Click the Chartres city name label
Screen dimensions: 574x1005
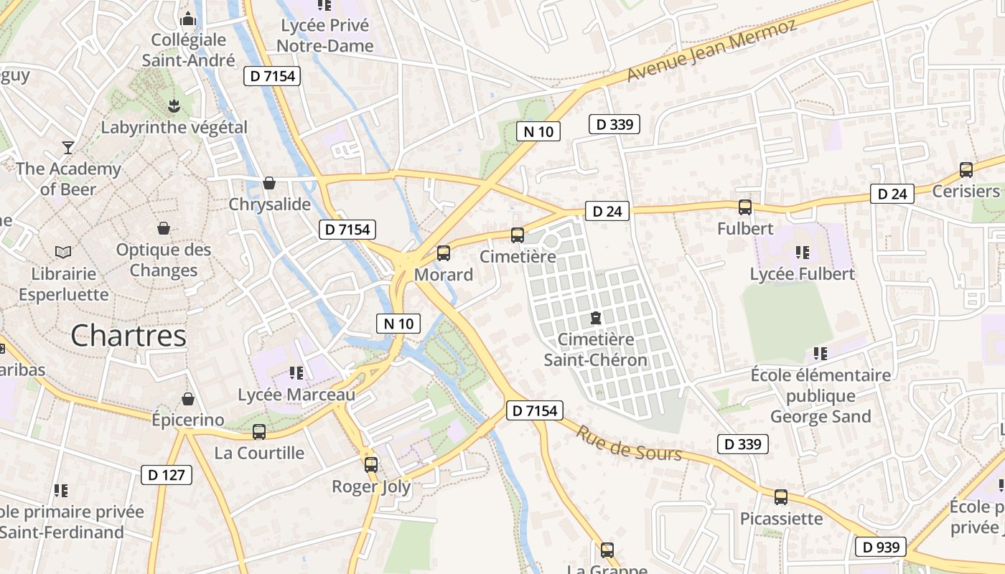(x=128, y=336)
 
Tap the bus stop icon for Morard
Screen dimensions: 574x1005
(x=444, y=253)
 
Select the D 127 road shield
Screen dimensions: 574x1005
(x=166, y=474)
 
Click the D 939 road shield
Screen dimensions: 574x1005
(x=881, y=547)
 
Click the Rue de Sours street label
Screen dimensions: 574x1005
(x=629, y=443)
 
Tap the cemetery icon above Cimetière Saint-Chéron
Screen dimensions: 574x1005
(x=595, y=318)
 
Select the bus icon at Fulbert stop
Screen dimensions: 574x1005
(x=745, y=207)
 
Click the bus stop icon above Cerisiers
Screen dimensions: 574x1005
(x=966, y=170)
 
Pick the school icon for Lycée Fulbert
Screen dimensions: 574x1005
(x=802, y=253)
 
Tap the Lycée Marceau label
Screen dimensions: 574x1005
(x=296, y=395)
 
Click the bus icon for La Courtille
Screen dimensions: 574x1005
(x=259, y=432)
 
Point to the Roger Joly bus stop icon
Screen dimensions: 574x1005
(x=371, y=465)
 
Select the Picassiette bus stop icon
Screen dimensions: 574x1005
(x=781, y=497)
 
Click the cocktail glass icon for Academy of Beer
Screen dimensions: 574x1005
(x=68, y=148)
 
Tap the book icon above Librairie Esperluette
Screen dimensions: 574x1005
(x=63, y=253)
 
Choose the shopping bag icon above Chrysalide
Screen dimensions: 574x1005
(x=269, y=184)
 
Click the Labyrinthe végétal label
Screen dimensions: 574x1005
(x=174, y=128)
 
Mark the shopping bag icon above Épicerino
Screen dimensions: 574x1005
(x=188, y=399)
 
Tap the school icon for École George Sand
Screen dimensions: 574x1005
(x=821, y=354)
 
